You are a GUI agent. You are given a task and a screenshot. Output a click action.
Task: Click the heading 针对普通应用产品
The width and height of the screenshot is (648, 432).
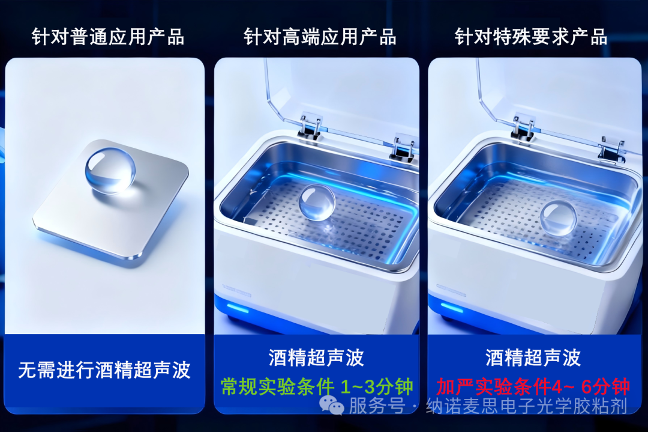click(x=108, y=37)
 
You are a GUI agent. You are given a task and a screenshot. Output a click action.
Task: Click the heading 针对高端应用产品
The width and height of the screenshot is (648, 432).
click(x=320, y=37)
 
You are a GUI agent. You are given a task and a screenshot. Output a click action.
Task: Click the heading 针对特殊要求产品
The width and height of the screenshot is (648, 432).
click(x=531, y=37)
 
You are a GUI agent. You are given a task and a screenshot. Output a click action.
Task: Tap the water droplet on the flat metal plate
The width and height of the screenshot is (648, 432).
click(x=110, y=171)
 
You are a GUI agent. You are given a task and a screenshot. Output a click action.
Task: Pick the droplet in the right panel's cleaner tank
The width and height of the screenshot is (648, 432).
click(x=558, y=218)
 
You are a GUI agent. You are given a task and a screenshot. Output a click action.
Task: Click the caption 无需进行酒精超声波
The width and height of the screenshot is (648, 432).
click(x=104, y=370)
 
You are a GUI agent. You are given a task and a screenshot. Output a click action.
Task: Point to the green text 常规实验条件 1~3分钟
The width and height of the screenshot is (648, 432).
click(x=317, y=387)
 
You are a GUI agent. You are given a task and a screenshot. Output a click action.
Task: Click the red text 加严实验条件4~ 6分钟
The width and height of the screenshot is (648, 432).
click(x=533, y=387)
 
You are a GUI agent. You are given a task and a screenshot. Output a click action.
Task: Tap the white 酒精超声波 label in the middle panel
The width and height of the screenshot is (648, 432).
click(x=316, y=357)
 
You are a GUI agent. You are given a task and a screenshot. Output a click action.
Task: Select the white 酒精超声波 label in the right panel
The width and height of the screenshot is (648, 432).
click(x=533, y=357)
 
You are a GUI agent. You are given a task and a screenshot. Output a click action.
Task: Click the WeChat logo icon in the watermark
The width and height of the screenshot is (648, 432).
click(x=331, y=405)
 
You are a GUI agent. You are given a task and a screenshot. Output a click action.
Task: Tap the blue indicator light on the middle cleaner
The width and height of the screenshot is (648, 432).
click(x=238, y=309)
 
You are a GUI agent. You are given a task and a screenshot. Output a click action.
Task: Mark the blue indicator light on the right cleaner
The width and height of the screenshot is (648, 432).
click(x=452, y=308)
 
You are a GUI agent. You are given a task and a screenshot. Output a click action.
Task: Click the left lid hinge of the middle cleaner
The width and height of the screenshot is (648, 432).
click(x=310, y=126)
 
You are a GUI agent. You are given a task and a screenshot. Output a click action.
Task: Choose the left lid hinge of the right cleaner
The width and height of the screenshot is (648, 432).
click(x=523, y=127)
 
